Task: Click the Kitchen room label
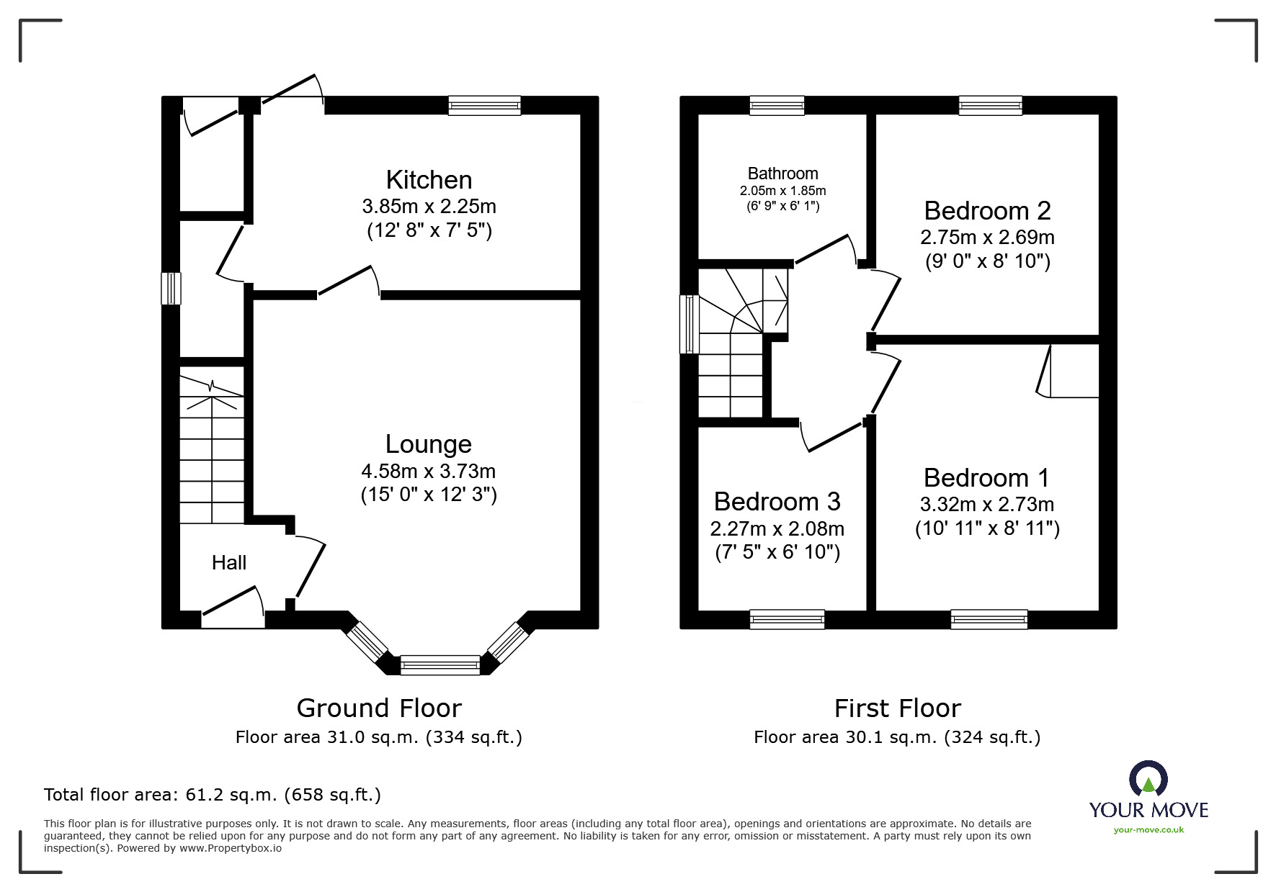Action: pos(429,180)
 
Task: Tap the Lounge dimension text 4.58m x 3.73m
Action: pos(429,472)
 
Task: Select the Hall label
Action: pos(229,563)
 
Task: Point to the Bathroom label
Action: pos(782,174)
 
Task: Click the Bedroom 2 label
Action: pos(987,211)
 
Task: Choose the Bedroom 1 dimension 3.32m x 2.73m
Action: pos(987,505)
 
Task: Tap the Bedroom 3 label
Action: pos(777,502)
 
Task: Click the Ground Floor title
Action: pos(379,708)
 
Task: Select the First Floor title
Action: pos(898,708)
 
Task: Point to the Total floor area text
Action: pos(213,795)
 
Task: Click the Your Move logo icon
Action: pos(1148,778)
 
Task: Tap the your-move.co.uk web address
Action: pos(1148,830)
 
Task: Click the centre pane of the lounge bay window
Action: pos(440,665)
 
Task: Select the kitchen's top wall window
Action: pos(484,106)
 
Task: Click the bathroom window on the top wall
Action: pos(777,106)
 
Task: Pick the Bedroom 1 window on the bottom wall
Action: pos(989,619)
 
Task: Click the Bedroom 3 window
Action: pos(787,619)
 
